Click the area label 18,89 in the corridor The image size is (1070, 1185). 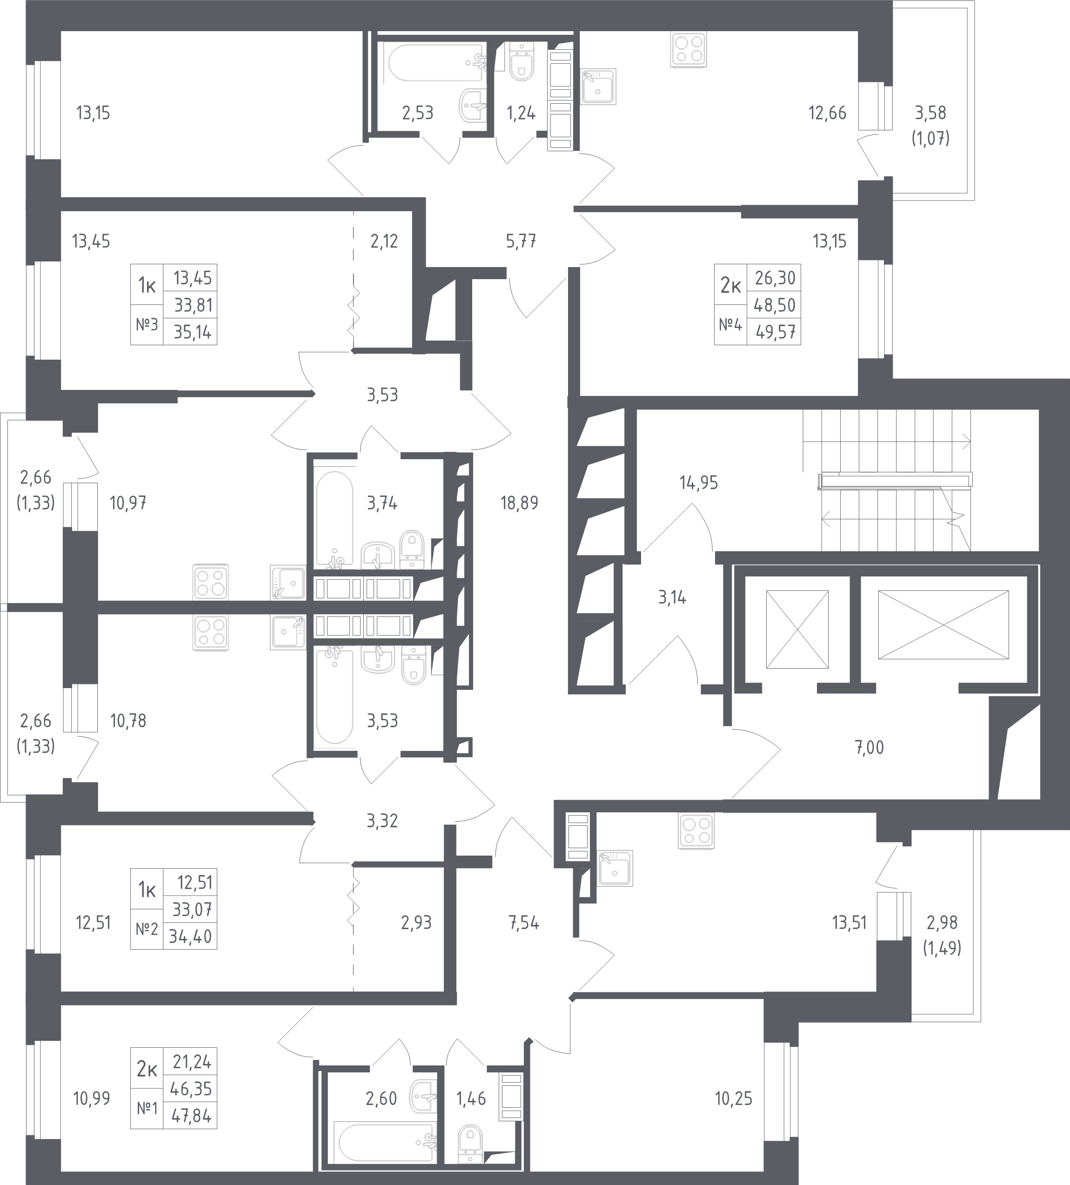coord(519,503)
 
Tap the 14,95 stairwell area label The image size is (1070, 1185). coord(698,483)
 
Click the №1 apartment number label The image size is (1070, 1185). coord(147,1109)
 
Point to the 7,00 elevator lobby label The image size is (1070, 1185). coord(869,748)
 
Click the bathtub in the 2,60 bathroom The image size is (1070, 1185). coord(386,1140)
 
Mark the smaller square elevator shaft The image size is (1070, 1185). coord(797,629)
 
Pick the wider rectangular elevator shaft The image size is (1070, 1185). coord(943,625)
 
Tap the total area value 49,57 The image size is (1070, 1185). coord(776,332)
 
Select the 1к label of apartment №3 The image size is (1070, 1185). coord(147,286)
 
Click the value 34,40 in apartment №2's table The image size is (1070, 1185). coord(190,937)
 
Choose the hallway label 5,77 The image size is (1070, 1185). coord(521,241)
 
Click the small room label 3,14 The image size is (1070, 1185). coord(672,598)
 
